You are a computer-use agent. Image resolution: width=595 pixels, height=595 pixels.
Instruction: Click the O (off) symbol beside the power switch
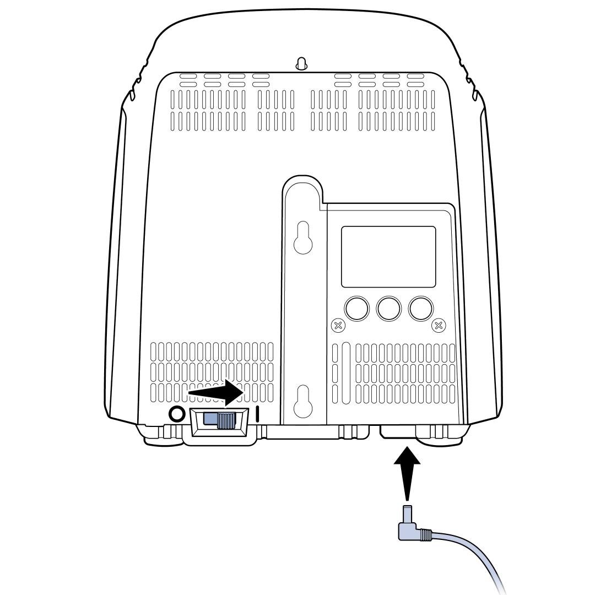(176, 413)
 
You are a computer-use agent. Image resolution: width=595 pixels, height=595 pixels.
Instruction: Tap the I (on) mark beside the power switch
(258, 414)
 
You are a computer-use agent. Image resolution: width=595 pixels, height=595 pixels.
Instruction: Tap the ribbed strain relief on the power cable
(425, 534)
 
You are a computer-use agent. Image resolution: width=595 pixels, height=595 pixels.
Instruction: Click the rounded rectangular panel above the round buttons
(388, 256)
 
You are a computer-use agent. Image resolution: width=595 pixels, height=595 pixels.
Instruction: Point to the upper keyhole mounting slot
(302, 237)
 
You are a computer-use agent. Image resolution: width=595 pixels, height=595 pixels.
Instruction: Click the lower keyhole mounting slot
(302, 401)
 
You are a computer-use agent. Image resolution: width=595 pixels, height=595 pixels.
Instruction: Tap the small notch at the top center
(301, 64)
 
